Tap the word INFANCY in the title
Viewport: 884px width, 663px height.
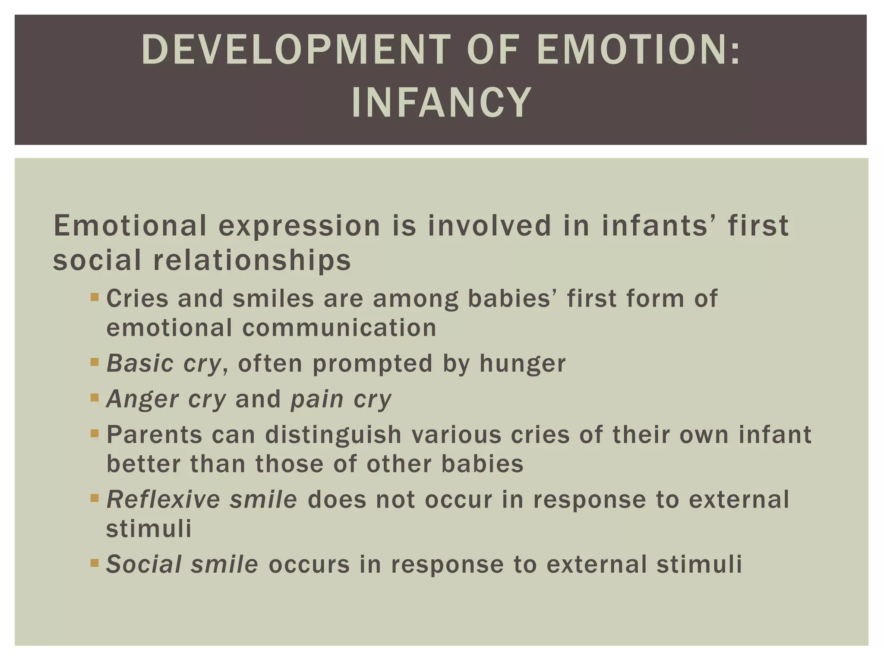pyautogui.click(x=441, y=103)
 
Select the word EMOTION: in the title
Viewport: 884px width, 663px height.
pyautogui.click(x=639, y=50)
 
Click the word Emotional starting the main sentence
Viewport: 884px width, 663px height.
pyautogui.click(x=130, y=226)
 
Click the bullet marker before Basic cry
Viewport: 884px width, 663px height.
pyautogui.click(x=95, y=361)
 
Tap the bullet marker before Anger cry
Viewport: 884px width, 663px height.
pyautogui.click(x=95, y=397)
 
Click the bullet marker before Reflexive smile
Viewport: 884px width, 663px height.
pyautogui.click(x=95, y=498)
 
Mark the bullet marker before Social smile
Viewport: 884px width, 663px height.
pyautogui.click(x=95, y=563)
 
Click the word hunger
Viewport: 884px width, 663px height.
pyautogui.click(x=522, y=364)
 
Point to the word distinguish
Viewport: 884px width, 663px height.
pyautogui.click(x=334, y=435)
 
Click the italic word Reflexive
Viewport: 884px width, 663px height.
pyautogui.click(x=162, y=500)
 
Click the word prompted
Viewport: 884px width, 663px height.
pyautogui.click(x=373, y=364)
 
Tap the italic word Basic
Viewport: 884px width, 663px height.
pyautogui.click(x=140, y=363)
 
